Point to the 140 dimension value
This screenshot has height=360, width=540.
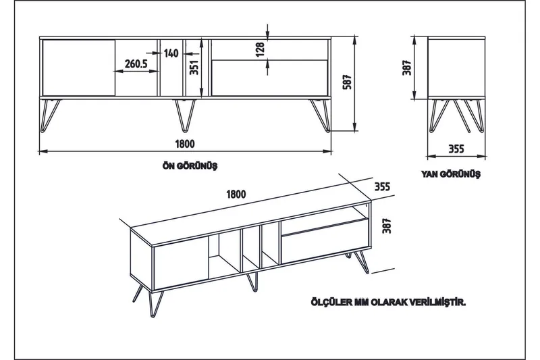171,53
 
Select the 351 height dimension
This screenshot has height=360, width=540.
194,68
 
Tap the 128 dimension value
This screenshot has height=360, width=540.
261,49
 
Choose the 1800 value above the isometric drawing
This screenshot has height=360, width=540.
236,193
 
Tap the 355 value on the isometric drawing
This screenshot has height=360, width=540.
383,186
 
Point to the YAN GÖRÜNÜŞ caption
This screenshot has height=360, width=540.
450,174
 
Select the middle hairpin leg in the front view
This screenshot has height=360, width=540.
184,114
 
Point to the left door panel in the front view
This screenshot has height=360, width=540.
78,68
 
